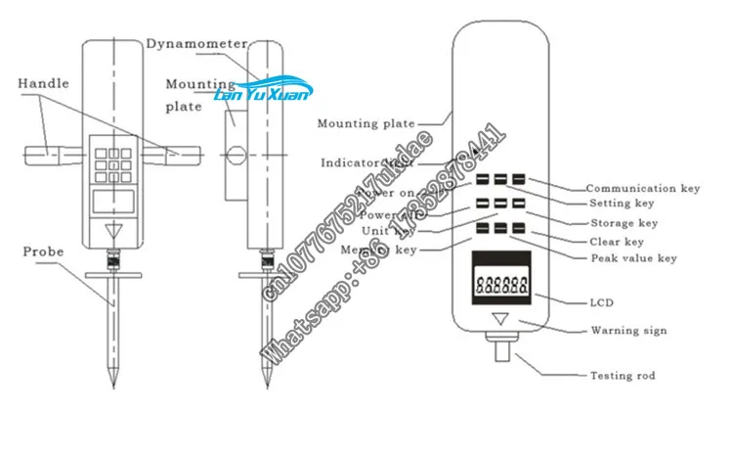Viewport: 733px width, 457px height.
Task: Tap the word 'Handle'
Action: [43, 84]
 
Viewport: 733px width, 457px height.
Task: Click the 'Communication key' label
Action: [643, 188]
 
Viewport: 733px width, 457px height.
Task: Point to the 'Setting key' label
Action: [621, 205]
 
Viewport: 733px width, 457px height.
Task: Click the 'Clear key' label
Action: [618, 242]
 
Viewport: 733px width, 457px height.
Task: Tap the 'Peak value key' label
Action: [633, 258]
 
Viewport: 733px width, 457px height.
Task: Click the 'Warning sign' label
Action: [628, 331]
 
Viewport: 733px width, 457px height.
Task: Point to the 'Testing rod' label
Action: [624, 376]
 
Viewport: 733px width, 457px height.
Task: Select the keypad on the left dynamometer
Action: [116, 162]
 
